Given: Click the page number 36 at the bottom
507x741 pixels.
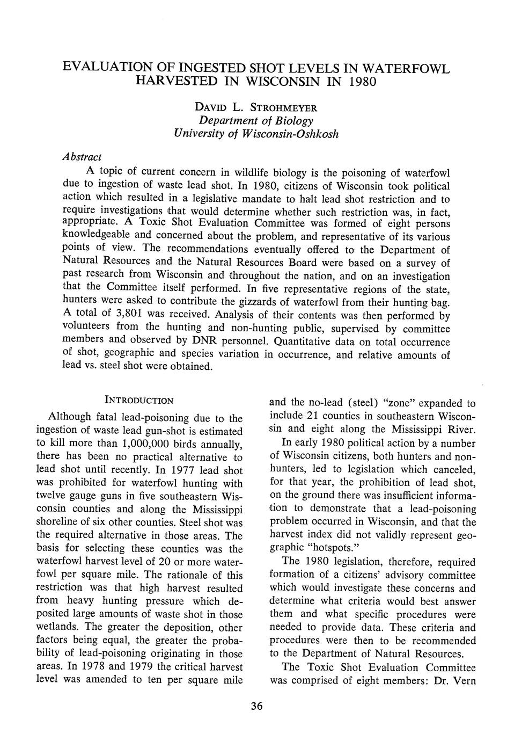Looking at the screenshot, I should click(x=256, y=707).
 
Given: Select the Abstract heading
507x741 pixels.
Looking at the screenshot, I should click(x=81, y=156).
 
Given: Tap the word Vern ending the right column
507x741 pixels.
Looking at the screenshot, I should click(x=464, y=680).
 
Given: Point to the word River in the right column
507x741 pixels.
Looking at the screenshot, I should click(x=459, y=429).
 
